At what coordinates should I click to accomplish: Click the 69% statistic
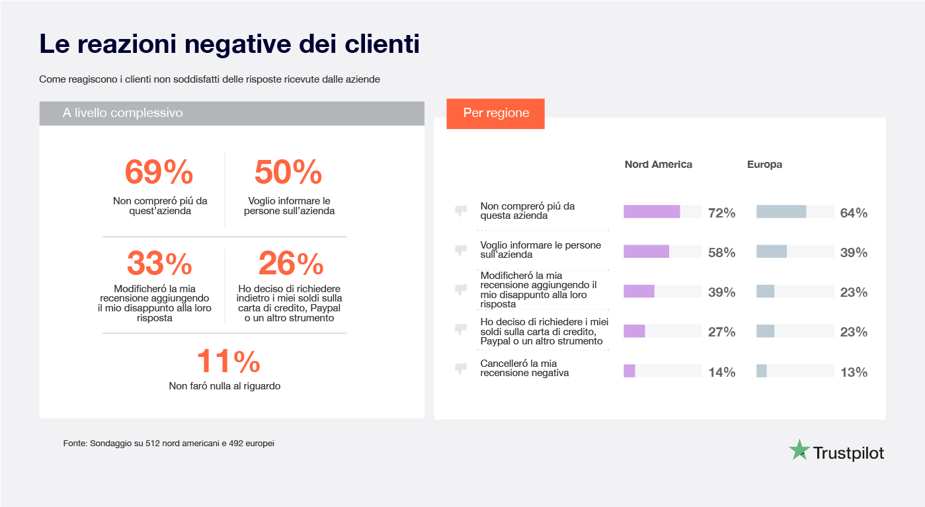159,173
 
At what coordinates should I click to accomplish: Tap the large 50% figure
288,173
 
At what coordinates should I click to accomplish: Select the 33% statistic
159,264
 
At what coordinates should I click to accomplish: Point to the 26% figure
291,264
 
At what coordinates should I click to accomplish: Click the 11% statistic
228,362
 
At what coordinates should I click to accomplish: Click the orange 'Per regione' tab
496,113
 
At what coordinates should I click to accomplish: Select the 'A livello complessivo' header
122,113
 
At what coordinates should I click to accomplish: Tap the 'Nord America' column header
658,165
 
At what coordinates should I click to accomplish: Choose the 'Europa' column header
764,165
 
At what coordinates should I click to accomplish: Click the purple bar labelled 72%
651,212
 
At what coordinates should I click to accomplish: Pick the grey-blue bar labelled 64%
781,212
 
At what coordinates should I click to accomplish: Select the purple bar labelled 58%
646,252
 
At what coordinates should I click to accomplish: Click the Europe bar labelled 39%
771,252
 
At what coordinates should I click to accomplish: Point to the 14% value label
721,372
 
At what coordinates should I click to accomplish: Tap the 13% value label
854,372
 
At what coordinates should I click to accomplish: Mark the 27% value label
721,332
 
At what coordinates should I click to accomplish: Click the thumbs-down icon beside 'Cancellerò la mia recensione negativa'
460,368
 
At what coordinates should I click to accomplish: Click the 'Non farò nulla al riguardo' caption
225,386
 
